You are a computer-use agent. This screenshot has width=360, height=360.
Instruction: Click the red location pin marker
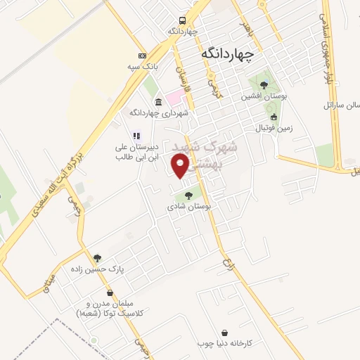pyautogui.click(x=181, y=166)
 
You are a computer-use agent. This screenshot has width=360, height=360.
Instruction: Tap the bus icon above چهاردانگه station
pyautogui.click(x=182, y=20)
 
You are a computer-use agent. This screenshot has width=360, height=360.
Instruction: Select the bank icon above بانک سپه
pyautogui.click(x=142, y=56)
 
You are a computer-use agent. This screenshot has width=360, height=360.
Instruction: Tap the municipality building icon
pyautogui.click(x=159, y=101)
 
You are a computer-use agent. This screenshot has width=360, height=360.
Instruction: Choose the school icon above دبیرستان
pyautogui.click(x=137, y=136)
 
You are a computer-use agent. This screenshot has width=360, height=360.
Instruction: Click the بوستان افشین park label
pyautogui.click(x=263, y=96)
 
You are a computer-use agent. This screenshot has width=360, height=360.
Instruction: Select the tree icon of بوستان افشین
pyautogui.click(x=264, y=85)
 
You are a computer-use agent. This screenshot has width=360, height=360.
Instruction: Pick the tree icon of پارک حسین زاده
pyautogui.click(x=97, y=258)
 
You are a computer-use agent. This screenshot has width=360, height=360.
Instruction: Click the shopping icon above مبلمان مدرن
pyautogui.click(x=110, y=292)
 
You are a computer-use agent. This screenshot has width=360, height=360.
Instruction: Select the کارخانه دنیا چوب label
pyautogui.click(x=225, y=343)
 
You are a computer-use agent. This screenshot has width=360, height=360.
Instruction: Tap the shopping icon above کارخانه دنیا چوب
pyautogui.click(x=224, y=333)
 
